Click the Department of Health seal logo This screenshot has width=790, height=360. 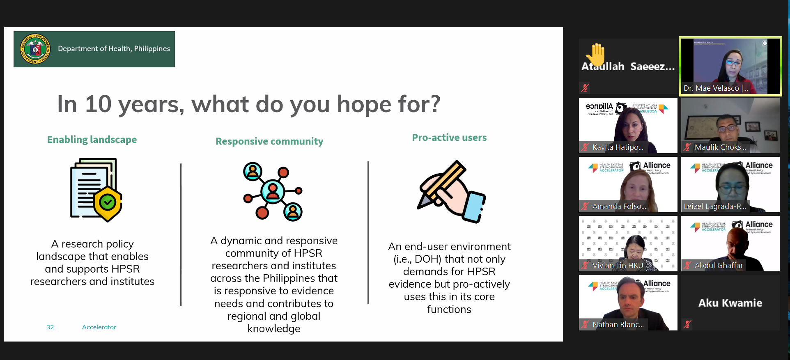point(35,49)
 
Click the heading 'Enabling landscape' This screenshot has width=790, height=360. point(92,140)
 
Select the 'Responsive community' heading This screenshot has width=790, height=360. point(269,141)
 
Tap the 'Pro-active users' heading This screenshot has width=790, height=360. point(449,138)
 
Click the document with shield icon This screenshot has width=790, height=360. point(96,190)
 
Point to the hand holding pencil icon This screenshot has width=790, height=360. point(451,192)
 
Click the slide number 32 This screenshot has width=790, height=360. point(50,327)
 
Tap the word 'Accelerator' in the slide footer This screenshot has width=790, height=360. point(99,327)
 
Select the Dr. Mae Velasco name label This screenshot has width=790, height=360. point(715,88)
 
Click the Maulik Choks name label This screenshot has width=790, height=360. point(720,147)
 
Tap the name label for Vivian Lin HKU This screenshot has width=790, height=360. point(618,266)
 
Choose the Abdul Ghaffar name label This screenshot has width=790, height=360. point(719,266)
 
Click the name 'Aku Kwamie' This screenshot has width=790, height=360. point(730,303)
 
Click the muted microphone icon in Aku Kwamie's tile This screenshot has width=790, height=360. point(687,324)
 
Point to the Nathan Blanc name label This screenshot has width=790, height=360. point(618,325)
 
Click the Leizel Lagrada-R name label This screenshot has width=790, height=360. point(714,206)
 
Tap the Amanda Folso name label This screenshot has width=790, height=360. point(619,206)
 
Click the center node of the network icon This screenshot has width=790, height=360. point(273,191)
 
